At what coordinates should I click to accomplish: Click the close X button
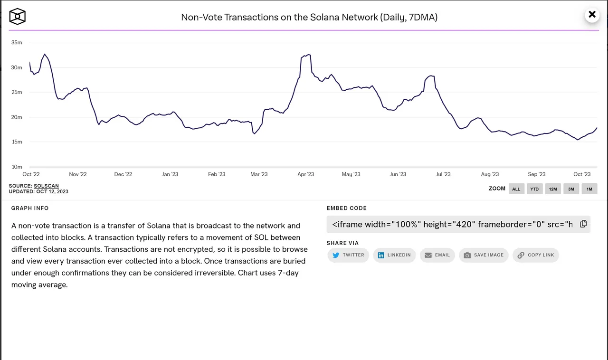592,14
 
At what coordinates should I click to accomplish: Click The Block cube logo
18,16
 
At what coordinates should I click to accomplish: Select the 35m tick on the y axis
17,42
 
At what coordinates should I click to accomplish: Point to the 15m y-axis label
17,142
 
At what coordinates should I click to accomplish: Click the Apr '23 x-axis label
305,174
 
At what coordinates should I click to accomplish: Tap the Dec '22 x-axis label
123,174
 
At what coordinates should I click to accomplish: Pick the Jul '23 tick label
443,174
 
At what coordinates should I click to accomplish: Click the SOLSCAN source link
46,186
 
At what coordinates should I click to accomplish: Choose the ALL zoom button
516,189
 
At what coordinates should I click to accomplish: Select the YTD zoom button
534,189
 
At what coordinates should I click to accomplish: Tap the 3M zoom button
571,189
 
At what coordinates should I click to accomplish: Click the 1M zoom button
589,189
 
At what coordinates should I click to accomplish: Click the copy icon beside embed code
584,224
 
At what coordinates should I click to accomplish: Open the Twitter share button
348,255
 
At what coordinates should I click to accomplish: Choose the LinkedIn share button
394,255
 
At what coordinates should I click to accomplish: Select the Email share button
437,255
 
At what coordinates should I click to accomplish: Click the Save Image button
484,255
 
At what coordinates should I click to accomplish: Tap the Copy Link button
536,255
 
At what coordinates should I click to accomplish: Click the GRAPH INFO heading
30,208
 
